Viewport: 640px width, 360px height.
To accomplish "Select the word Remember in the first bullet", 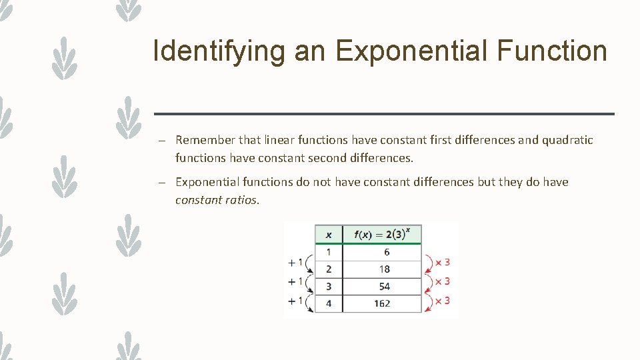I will tap(205, 140).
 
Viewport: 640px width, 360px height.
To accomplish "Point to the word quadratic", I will tap(567, 140).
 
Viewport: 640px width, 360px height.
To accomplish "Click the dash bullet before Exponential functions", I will tap(162, 182).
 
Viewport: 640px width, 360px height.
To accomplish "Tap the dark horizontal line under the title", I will tap(383, 114).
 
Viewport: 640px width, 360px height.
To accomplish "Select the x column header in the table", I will tap(328, 234).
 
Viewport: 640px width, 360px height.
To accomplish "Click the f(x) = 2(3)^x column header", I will tap(382, 234).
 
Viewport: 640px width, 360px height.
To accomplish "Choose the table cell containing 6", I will tap(387, 253).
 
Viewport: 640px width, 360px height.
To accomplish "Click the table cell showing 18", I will tap(384, 269).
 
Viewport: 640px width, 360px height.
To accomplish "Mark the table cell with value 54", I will tap(384, 287).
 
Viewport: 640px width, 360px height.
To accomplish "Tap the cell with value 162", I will tap(383, 303).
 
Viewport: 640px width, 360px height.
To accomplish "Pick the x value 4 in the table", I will tap(328, 303).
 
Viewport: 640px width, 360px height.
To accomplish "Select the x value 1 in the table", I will tap(328, 253).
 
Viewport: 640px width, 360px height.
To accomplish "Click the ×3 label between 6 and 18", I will tap(443, 262).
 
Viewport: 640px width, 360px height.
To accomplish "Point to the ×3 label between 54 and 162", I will tap(443, 301).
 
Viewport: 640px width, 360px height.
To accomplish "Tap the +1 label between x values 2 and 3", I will tap(295, 281).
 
